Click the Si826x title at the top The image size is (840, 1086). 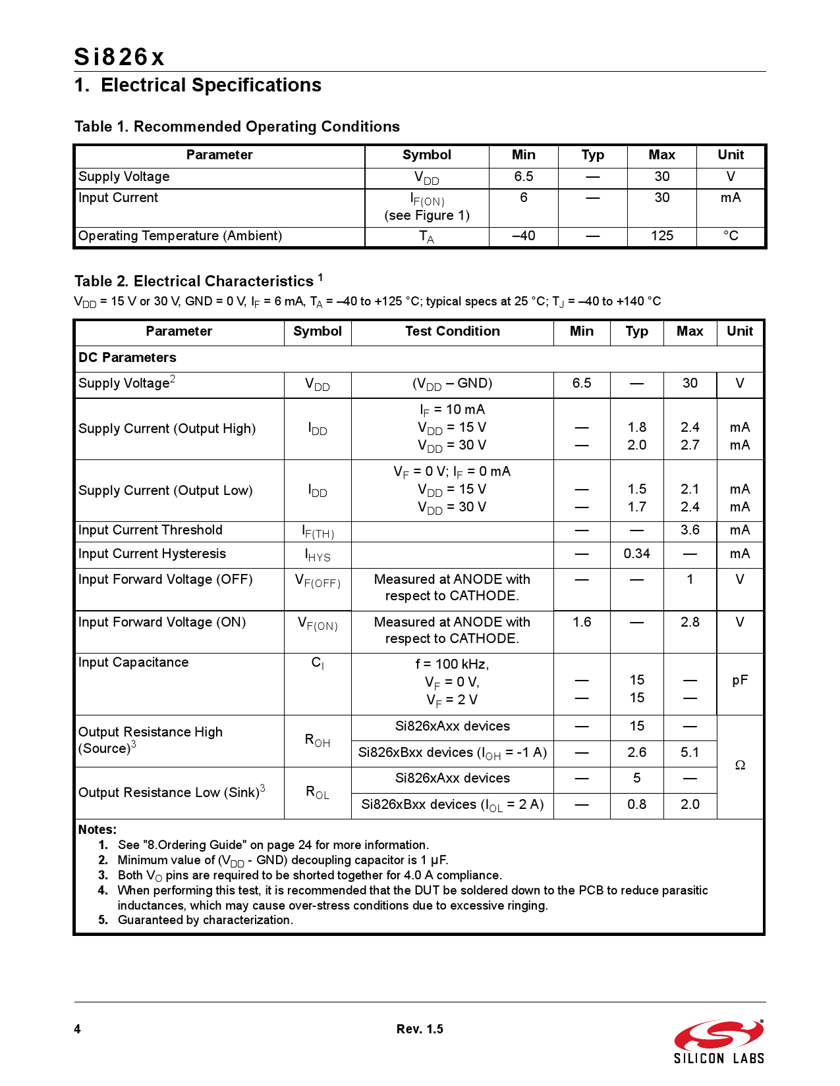[x=119, y=57]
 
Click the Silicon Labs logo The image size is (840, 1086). [x=719, y=1042]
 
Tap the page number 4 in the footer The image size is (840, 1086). [x=78, y=1029]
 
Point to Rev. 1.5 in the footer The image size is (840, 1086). [x=420, y=1029]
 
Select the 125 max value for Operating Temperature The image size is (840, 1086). [x=661, y=236]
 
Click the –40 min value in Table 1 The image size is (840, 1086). [x=523, y=236]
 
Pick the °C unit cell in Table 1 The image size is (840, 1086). [x=731, y=236]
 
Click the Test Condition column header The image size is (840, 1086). [x=452, y=331]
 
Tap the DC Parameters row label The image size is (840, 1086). [x=127, y=357]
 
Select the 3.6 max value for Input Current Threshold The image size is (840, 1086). [x=690, y=530]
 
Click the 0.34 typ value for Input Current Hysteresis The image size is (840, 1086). [x=636, y=554]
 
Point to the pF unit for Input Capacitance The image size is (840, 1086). [x=740, y=680]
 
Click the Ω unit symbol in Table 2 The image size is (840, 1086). [x=740, y=765]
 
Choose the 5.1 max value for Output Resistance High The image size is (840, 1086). [x=690, y=752]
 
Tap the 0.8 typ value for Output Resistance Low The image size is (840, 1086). [x=636, y=804]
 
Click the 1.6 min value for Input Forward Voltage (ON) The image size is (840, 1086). [x=582, y=622]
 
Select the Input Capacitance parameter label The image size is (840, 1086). [x=133, y=662]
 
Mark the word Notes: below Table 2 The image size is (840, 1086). [x=98, y=829]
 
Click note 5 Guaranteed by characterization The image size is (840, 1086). [x=205, y=920]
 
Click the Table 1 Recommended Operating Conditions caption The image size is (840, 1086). [x=237, y=126]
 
